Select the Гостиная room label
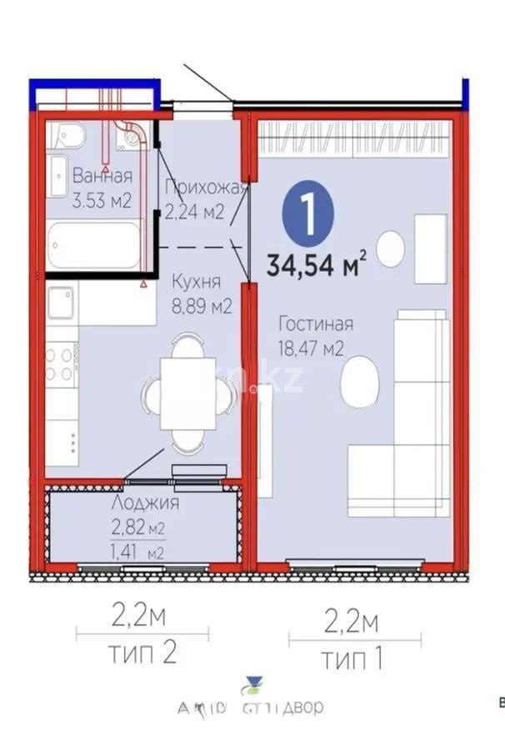click(x=316, y=325)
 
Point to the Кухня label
click(x=197, y=282)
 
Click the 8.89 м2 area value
click(x=202, y=306)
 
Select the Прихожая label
click(x=206, y=187)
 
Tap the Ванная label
click(x=102, y=176)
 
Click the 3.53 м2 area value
click(x=102, y=201)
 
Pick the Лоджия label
click(x=145, y=502)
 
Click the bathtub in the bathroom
click(x=93, y=245)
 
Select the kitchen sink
click(x=62, y=304)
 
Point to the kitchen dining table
click(x=187, y=393)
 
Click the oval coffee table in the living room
click(x=360, y=381)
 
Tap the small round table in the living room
click(x=391, y=248)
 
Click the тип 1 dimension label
click(x=352, y=659)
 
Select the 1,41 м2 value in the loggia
click(x=137, y=552)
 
